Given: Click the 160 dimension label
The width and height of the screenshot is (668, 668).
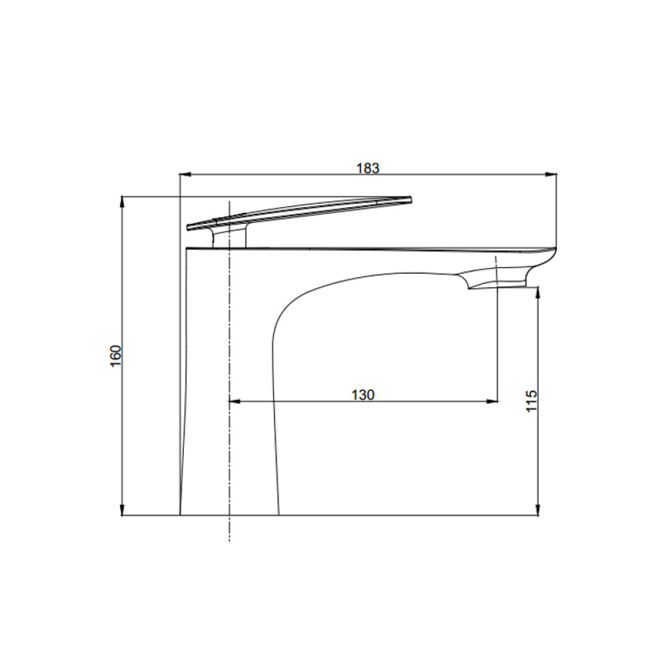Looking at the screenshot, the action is pos(116,356).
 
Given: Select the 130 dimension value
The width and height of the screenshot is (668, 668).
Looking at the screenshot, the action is pos(363,395).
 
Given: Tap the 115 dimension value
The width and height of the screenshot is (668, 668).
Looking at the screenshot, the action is pos(532,400).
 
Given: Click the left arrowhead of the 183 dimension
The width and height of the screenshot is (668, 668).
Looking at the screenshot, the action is pos(184,174).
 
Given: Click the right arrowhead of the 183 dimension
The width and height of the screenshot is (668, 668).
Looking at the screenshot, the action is pos(552,174).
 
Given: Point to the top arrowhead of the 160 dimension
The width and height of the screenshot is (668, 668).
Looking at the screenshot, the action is pos(123,202).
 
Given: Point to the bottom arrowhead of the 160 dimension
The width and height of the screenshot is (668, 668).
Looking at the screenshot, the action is pos(123,510).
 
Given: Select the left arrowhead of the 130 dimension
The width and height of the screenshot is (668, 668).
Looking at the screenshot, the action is pos(234,401).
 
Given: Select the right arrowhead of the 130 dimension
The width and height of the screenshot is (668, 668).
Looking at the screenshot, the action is pos(492,401).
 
